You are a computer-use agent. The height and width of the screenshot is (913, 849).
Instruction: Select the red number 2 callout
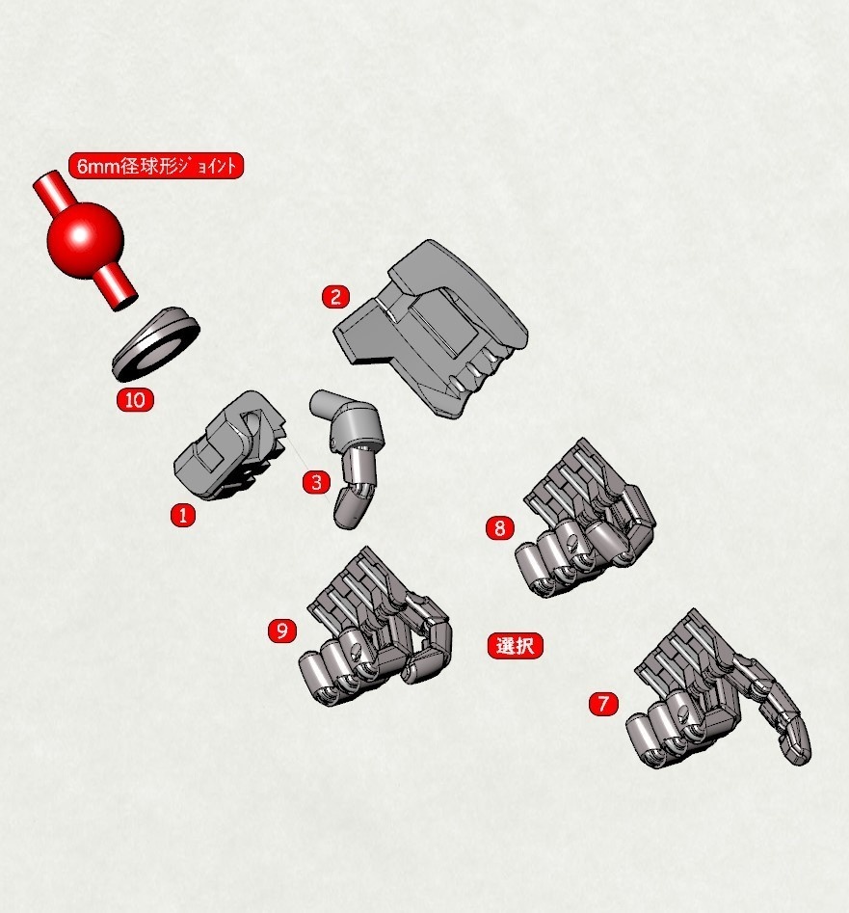coord(334,296)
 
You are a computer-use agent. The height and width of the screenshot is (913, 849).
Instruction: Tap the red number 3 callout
coord(317,482)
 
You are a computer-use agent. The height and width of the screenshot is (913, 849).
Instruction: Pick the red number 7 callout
coord(602,704)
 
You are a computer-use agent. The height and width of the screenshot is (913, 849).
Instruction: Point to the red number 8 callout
coord(499,527)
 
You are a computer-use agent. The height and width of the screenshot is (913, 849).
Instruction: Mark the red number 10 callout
coord(135,399)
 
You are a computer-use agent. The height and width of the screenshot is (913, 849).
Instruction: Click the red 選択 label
coord(516,645)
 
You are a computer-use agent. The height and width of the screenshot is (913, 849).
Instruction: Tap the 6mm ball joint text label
coord(155,166)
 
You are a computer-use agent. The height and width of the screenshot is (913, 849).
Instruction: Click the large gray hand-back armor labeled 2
coord(438,328)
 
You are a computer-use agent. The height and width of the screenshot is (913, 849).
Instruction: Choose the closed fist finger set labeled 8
coord(583,525)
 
